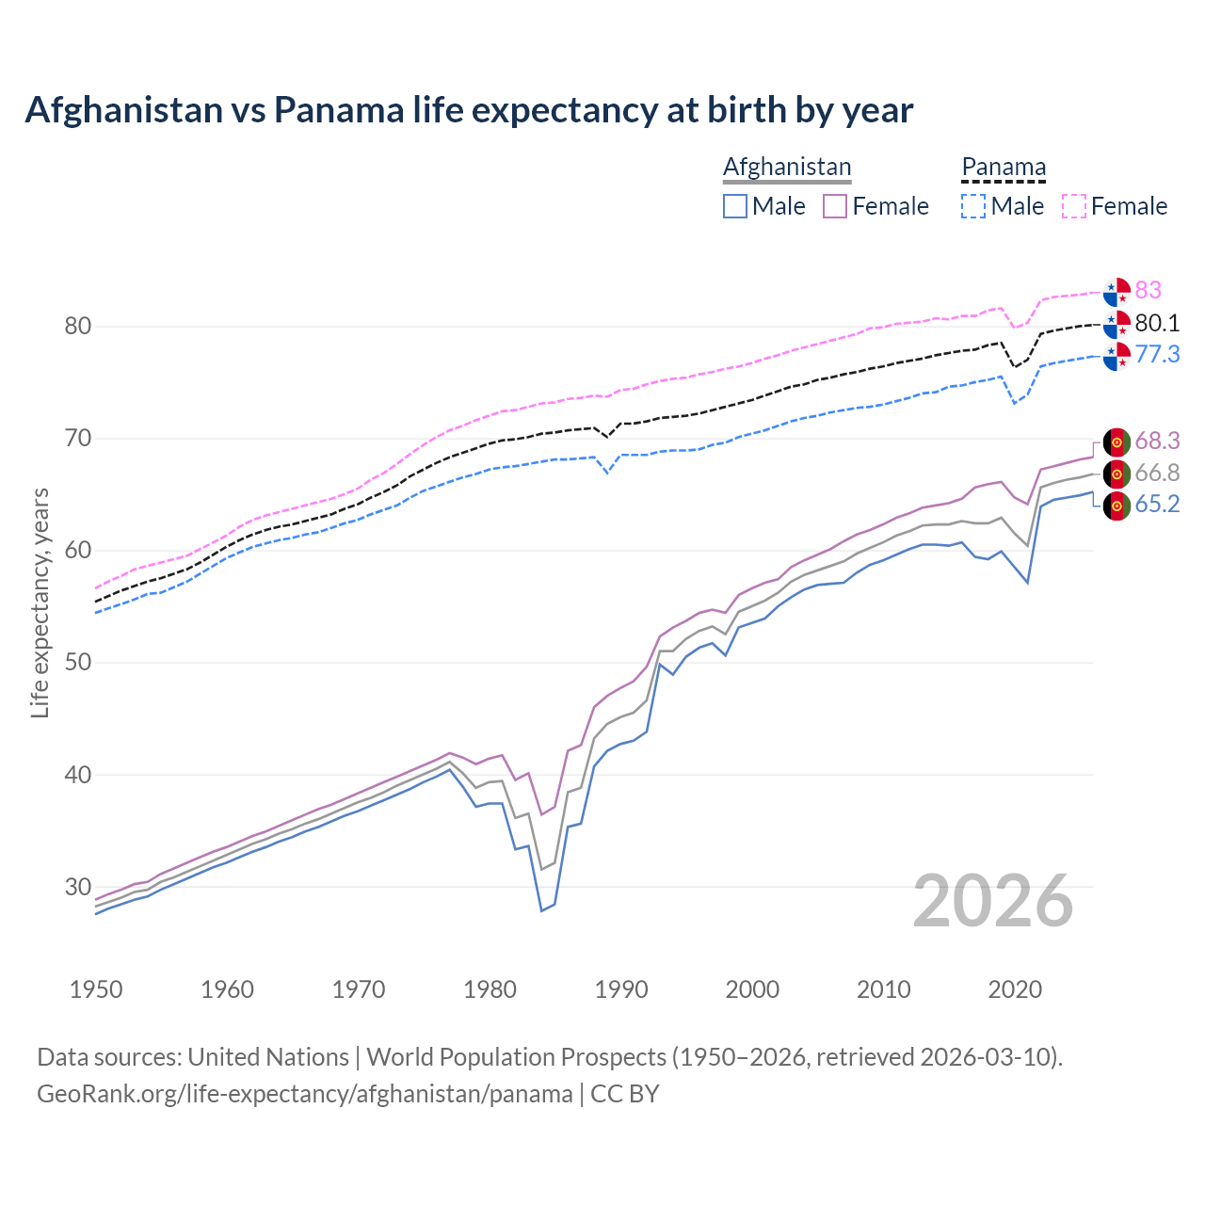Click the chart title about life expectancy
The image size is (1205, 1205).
coord(469,110)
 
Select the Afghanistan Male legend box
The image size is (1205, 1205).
coord(735,206)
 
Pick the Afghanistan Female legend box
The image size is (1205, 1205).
coord(836,206)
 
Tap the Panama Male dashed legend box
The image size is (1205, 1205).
coord(973,206)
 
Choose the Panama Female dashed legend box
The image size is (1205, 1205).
coord(1074,206)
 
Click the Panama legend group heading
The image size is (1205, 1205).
coord(1004,168)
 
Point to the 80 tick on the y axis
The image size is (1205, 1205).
coord(77,327)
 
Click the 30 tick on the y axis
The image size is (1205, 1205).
coord(77,887)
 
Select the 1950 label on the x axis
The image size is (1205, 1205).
coord(96,989)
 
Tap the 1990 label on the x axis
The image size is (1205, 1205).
coord(621,989)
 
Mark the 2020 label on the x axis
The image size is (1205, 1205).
coord(1015,989)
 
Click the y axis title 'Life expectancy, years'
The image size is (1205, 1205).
coord(40,602)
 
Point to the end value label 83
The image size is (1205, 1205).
coord(1148,290)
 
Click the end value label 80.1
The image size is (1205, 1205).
coord(1157,323)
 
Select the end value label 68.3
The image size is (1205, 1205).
coord(1157,441)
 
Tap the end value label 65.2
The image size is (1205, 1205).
coord(1157,505)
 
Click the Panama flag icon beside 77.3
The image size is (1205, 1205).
coord(1117,356)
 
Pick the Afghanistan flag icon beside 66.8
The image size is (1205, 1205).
coord(1117,474)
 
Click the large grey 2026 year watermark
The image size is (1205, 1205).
coord(993,901)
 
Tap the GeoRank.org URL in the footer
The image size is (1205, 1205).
coord(304,1094)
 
